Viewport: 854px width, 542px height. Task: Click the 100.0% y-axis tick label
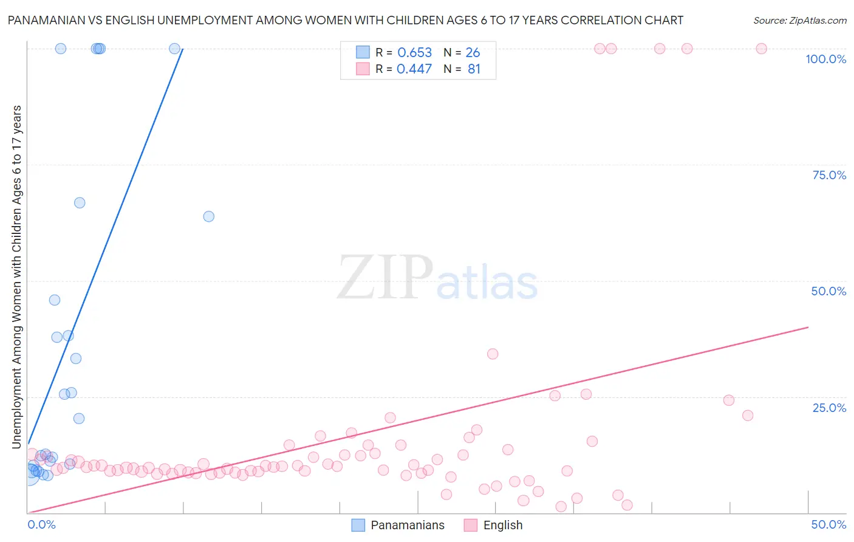click(825, 59)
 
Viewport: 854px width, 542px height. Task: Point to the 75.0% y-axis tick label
click(829, 175)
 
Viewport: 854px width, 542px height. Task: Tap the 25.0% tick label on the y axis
click(829, 407)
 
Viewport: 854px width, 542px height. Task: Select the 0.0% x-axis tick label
click(42, 524)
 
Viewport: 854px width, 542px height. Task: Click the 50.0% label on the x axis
click(828, 524)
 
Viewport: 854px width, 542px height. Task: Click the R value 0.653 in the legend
click(414, 53)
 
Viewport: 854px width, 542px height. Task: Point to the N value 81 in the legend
click(474, 69)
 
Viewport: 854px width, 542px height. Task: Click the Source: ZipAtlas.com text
click(799, 20)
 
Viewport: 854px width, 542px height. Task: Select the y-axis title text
click(17, 277)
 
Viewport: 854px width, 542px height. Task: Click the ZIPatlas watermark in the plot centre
click(437, 278)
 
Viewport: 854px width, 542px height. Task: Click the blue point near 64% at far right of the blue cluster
click(208, 216)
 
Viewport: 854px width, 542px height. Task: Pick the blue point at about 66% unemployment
click(80, 203)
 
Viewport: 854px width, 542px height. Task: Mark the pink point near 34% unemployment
click(493, 354)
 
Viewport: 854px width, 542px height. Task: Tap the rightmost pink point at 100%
click(761, 49)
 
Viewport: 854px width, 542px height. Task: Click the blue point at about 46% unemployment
click(55, 300)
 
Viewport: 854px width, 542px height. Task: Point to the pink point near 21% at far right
click(748, 416)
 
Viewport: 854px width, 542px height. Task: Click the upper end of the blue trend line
click(183, 49)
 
